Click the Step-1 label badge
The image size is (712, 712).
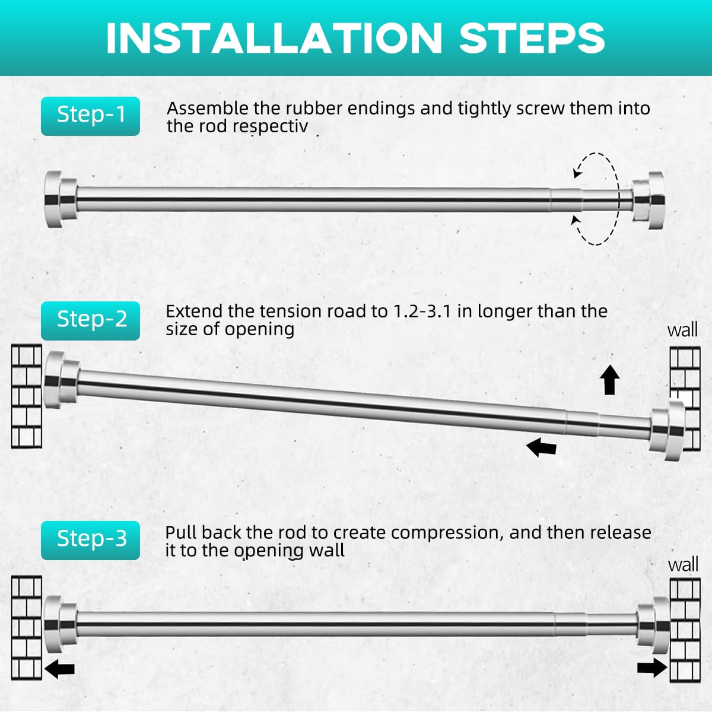pyautogui.click(x=90, y=116)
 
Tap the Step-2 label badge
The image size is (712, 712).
pyautogui.click(x=90, y=321)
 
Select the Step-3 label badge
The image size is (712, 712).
pyautogui.click(x=90, y=540)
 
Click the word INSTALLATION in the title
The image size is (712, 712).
pyautogui.click(x=274, y=39)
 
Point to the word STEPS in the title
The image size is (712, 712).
pyautogui.click(x=532, y=39)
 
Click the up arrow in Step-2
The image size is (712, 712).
pyautogui.click(x=609, y=380)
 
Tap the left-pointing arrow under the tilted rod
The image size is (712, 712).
pyautogui.click(x=541, y=447)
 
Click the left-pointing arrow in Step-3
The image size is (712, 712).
pyautogui.click(x=59, y=669)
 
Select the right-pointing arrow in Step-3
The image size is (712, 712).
pyautogui.click(x=653, y=667)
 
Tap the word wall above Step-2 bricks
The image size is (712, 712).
pyautogui.click(x=682, y=330)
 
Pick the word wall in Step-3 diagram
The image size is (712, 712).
pyautogui.click(x=683, y=565)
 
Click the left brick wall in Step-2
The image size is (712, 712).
pyautogui.click(x=26, y=396)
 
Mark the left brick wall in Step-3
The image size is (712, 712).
pyautogui.click(x=26, y=628)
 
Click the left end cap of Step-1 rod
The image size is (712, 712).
pyautogui.click(x=61, y=199)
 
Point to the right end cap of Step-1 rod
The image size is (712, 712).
pyautogui.click(x=649, y=201)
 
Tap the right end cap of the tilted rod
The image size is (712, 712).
pyautogui.click(x=667, y=430)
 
